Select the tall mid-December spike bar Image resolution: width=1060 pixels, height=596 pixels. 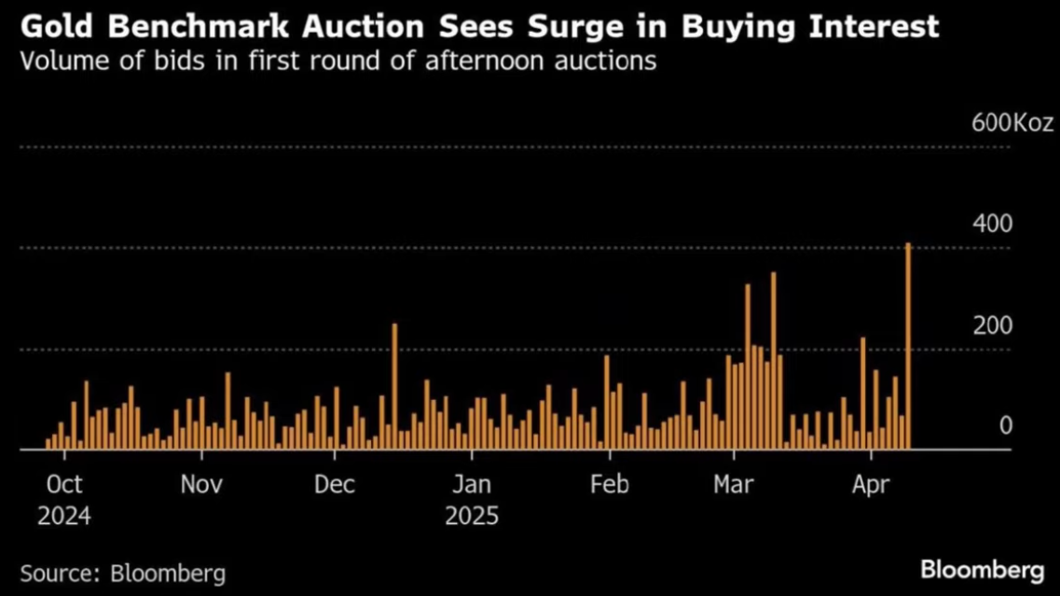(x=394, y=386)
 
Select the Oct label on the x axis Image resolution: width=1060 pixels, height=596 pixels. (x=64, y=485)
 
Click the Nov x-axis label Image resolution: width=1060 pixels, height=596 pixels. (x=201, y=485)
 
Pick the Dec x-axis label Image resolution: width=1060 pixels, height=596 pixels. (x=336, y=485)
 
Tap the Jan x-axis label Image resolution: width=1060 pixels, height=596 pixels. (x=472, y=485)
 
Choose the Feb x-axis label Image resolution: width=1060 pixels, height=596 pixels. (x=610, y=485)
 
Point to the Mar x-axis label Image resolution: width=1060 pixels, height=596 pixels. (x=735, y=485)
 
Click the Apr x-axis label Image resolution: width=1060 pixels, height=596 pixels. (x=871, y=485)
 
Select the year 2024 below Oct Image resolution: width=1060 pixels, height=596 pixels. (x=64, y=516)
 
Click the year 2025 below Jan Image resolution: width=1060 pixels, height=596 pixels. (x=472, y=516)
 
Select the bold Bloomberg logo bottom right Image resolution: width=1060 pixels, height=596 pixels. (x=982, y=570)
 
